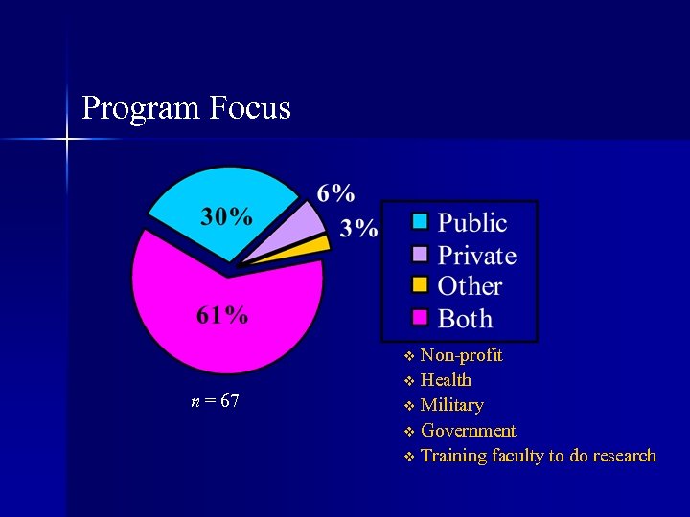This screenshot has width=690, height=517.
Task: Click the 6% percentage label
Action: [335, 193]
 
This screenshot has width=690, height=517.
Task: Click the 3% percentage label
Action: [359, 228]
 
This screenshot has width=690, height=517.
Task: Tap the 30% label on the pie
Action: [226, 216]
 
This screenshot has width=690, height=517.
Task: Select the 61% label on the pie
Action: [222, 315]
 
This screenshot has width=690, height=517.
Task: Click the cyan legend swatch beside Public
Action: [420, 222]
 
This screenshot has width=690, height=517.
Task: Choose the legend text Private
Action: [476, 256]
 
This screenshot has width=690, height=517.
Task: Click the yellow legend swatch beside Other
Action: [420, 285]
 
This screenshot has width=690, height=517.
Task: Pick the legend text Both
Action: [465, 319]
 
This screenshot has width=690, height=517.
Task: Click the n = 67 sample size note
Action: [216, 401]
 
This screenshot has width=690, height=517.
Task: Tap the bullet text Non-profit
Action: [461, 355]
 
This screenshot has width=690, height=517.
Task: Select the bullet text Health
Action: [446, 380]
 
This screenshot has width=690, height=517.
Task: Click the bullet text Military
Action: [451, 405]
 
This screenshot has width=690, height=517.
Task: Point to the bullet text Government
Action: [468, 431]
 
